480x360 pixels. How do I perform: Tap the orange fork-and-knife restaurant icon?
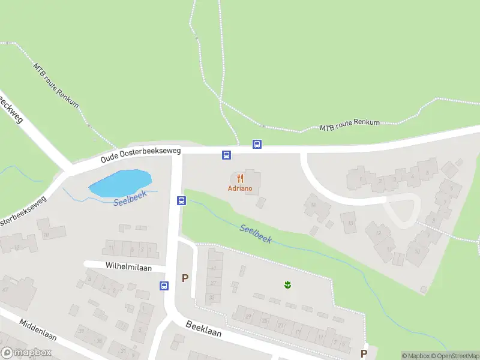tap(240, 178)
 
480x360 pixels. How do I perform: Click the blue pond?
tap(120, 182)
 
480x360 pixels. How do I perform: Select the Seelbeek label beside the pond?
tap(130, 200)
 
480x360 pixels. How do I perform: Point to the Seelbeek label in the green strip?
tap(256, 234)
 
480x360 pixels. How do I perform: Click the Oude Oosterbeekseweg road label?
tap(140, 156)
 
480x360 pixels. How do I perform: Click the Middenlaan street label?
tap(38, 329)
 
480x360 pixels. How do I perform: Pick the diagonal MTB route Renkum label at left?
tap(56, 86)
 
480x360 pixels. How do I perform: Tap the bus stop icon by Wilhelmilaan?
tap(164, 286)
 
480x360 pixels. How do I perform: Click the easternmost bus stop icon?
tap(257, 144)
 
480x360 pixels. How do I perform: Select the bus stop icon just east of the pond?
tap(181, 200)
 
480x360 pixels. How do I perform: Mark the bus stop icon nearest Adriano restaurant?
tap(227, 155)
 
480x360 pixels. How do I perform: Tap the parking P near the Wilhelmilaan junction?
tap(185, 278)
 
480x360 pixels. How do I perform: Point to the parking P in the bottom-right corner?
tap(364, 353)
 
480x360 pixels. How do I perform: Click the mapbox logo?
tap(26, 353)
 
